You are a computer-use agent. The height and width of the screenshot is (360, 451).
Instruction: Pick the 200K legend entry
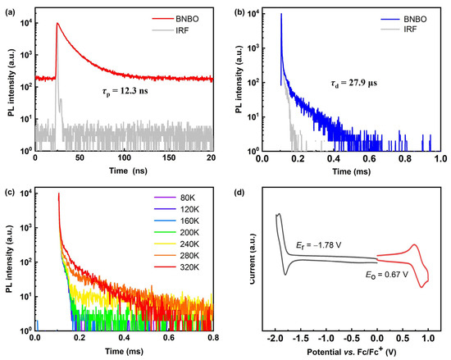pyautogui.click(x=189, y=231)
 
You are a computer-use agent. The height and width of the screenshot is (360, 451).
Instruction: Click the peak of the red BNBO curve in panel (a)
pyautogui.click(x=57, y=24)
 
